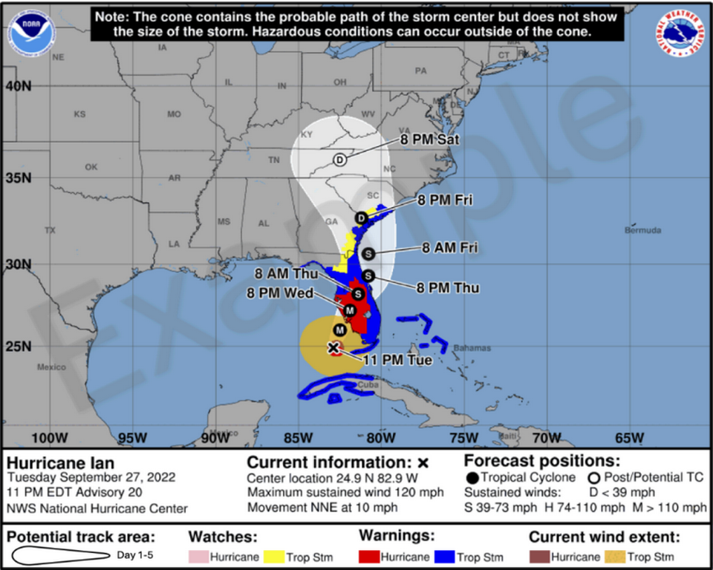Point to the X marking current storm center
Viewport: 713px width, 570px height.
333,347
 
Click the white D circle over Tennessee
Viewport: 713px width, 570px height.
339,160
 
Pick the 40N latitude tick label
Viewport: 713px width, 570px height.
16,85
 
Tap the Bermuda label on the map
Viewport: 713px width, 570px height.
642,230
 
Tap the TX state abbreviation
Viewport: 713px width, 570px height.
50,230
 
